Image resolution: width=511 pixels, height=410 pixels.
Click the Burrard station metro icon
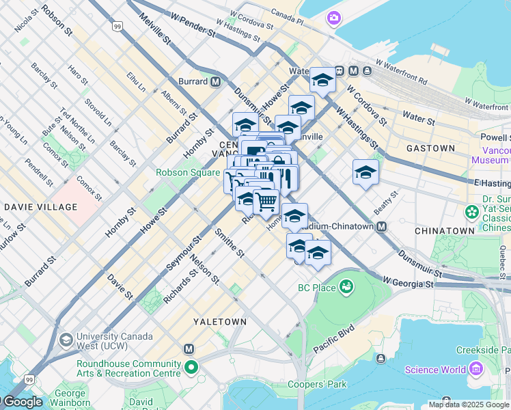coord(216,81)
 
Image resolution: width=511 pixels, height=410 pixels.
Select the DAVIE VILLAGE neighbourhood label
coord(40,206)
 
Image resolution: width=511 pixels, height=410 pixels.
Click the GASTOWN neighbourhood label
coord(430,148)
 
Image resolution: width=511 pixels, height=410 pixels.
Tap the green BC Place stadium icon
coord(347,285)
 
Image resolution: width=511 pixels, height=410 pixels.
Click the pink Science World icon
coord(476,370)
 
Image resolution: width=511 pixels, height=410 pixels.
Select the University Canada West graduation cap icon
coord(66,340)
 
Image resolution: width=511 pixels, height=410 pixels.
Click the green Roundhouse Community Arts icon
coord(191,368)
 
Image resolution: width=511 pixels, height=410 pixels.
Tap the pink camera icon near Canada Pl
coord(333,17)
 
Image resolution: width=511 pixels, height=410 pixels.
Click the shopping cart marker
coord(266,201)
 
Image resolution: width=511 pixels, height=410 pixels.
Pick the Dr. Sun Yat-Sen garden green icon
coord(471,213)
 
